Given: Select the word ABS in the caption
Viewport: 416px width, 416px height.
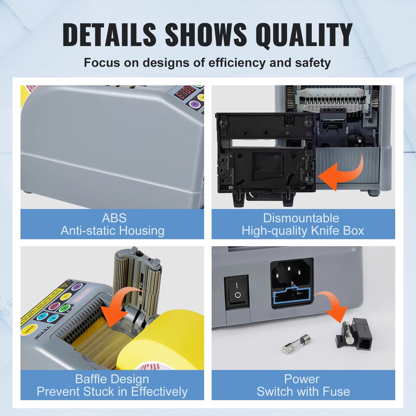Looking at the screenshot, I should tap(114, 218).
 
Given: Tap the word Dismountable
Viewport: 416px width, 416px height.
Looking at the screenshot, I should tap(301, 218).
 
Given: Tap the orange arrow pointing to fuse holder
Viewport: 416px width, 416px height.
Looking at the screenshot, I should tap(334, 306).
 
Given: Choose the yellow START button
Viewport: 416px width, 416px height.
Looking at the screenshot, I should tap(29, 329).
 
